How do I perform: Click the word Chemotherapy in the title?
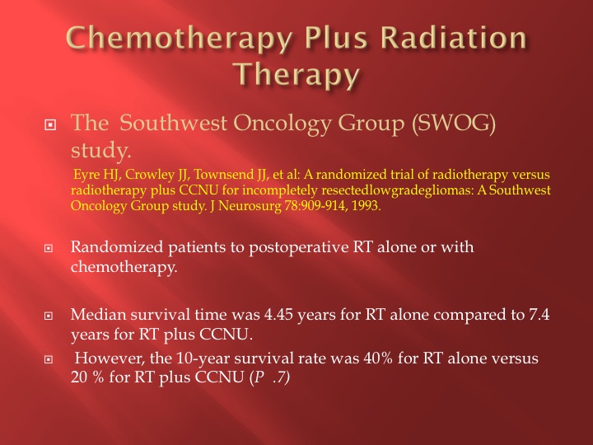coord(180,40)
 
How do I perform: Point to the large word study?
coord(101,151)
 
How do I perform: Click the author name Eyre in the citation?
coord(84,175)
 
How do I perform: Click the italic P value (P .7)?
coord(270,377)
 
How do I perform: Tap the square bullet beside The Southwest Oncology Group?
coord(50,124)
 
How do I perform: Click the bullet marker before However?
coord(49,358)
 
